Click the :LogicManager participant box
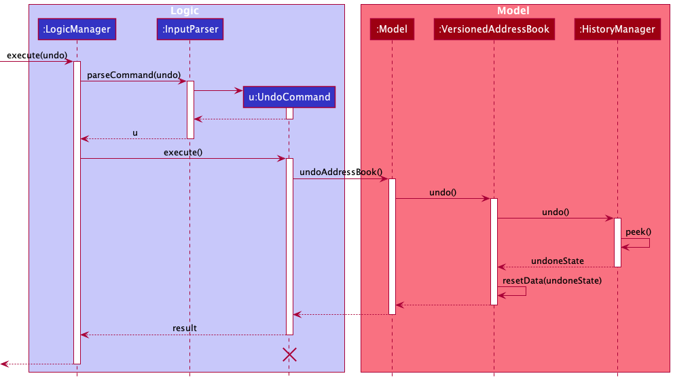point(76,29)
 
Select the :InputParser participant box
point(189,29)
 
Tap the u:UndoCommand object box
point(289,97)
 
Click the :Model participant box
point(391,29)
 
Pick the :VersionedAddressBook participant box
point(494,29)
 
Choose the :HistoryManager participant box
point(617,29)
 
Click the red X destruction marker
point(289,354)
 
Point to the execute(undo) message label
point(37,55)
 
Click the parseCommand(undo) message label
point(134,75)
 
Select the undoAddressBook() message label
point(341,172)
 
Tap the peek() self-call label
point(638,231)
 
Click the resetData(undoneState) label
point(552,280)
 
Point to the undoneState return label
point(557,261)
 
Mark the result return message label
point(184,328)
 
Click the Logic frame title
point(186,11)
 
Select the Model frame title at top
point(513,11)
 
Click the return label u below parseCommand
point(134,133)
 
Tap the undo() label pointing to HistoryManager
point(555,212)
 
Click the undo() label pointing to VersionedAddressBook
point(442,192)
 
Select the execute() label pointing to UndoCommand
point(183,153)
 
